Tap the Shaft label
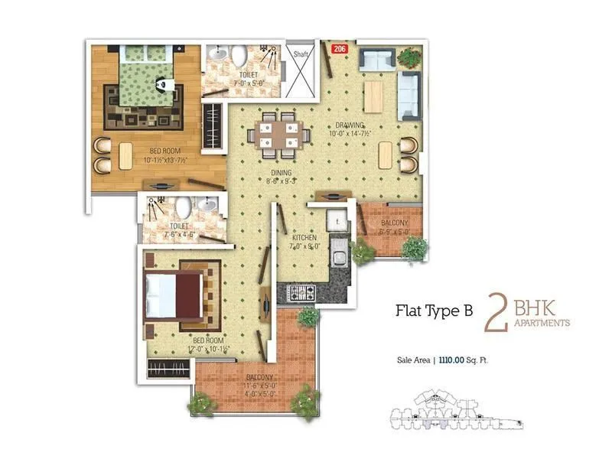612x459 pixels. [301, 54]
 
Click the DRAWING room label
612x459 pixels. [348, 126]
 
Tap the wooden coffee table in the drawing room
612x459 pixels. [373, 96]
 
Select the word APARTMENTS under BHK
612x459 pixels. [543, 324]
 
